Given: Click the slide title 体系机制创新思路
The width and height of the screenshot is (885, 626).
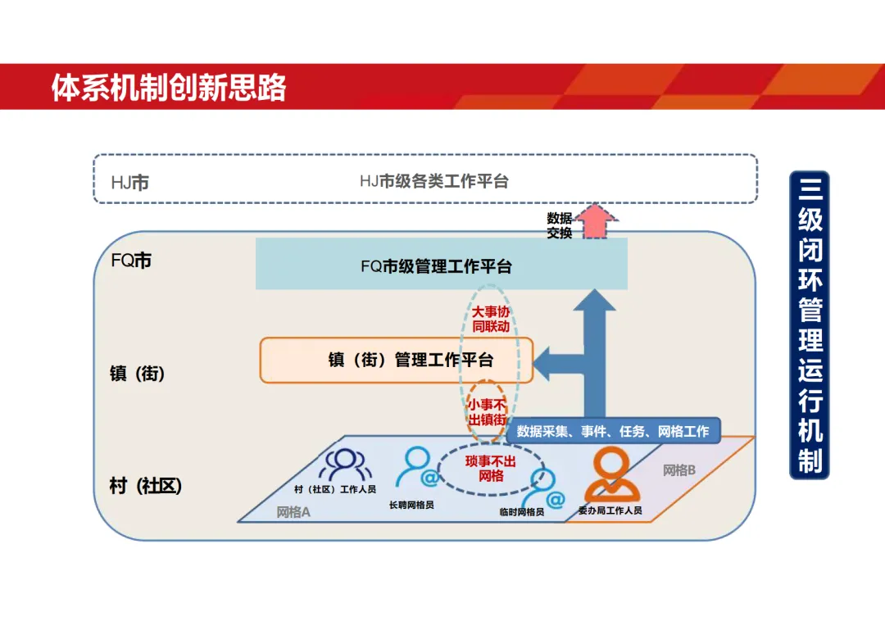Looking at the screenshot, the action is (x=169, y=88).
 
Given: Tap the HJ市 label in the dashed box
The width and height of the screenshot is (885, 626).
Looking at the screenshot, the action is (x=130, y=182).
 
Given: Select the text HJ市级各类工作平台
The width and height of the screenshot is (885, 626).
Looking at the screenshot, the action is (x=434, y=181).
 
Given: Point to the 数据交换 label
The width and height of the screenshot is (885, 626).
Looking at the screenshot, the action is (x=560, y=225).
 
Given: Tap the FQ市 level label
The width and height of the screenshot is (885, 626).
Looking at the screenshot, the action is (x=131, y=261).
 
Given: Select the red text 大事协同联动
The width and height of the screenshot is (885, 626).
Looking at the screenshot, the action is (x=491, y=319).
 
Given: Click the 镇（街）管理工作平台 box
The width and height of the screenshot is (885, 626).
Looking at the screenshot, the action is (x=397, y=360).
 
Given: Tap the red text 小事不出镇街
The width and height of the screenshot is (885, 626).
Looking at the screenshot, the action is (x=487, y=412).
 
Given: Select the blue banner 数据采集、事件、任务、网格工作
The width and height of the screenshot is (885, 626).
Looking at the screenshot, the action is (x=613, y=431).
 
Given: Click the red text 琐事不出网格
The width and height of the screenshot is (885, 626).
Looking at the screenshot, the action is (x=491, y=468).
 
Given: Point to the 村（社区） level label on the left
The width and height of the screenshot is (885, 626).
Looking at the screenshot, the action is (x=146, y=486).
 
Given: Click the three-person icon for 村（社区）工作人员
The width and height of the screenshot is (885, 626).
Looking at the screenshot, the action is (x=345, y=465).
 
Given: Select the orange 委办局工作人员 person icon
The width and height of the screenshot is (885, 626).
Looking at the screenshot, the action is (x=611, y=474).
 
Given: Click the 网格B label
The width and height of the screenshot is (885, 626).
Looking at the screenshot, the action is (x=679, y=470).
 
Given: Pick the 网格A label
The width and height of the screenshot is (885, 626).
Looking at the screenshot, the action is (x=293, y=513).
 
